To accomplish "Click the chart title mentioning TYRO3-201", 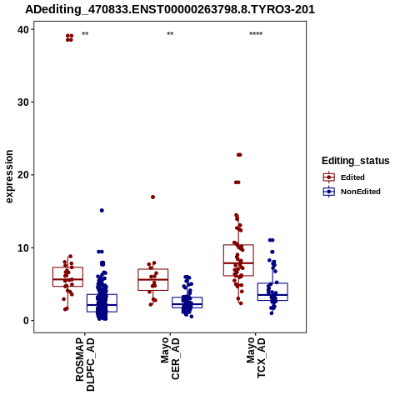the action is coord(170,9).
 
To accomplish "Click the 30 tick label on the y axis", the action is coord(23,102).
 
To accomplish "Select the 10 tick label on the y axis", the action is coord(23,247).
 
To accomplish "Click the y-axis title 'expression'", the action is coord(9,177).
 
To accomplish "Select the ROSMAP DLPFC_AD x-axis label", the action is coord(85,364).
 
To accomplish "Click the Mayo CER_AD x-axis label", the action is coord(170,358).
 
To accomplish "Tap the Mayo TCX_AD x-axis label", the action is coord(256,357).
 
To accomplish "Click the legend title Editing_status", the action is coord(356,161).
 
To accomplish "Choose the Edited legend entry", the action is coord(344,177).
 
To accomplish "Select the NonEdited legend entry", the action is coord(352,192).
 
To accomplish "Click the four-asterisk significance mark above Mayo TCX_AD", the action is coord(256,34).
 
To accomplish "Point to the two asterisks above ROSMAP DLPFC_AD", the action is coord(85,34).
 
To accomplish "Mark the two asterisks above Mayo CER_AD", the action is coord(170,34).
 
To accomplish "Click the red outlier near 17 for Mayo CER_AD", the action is coord(152,197).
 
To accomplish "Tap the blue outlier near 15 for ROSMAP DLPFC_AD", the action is coord(102,210).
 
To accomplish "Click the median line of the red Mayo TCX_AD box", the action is coord(238,262).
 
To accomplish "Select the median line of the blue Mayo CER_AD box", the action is coord(187,304).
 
